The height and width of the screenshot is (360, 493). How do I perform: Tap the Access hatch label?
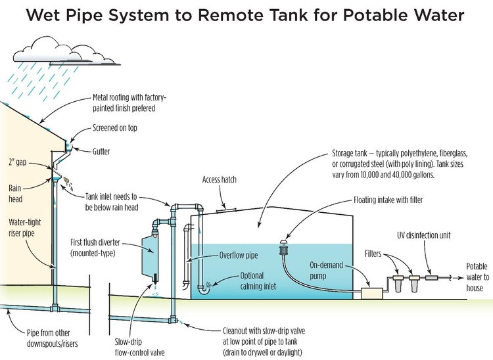coord(219,179)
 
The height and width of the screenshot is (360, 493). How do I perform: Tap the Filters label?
coord(377,253)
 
